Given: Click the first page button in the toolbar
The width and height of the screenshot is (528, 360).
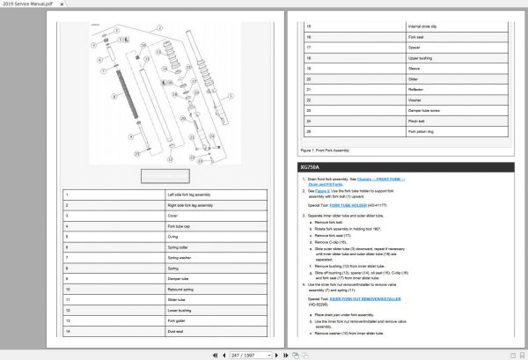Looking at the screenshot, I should tap(204, 354).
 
